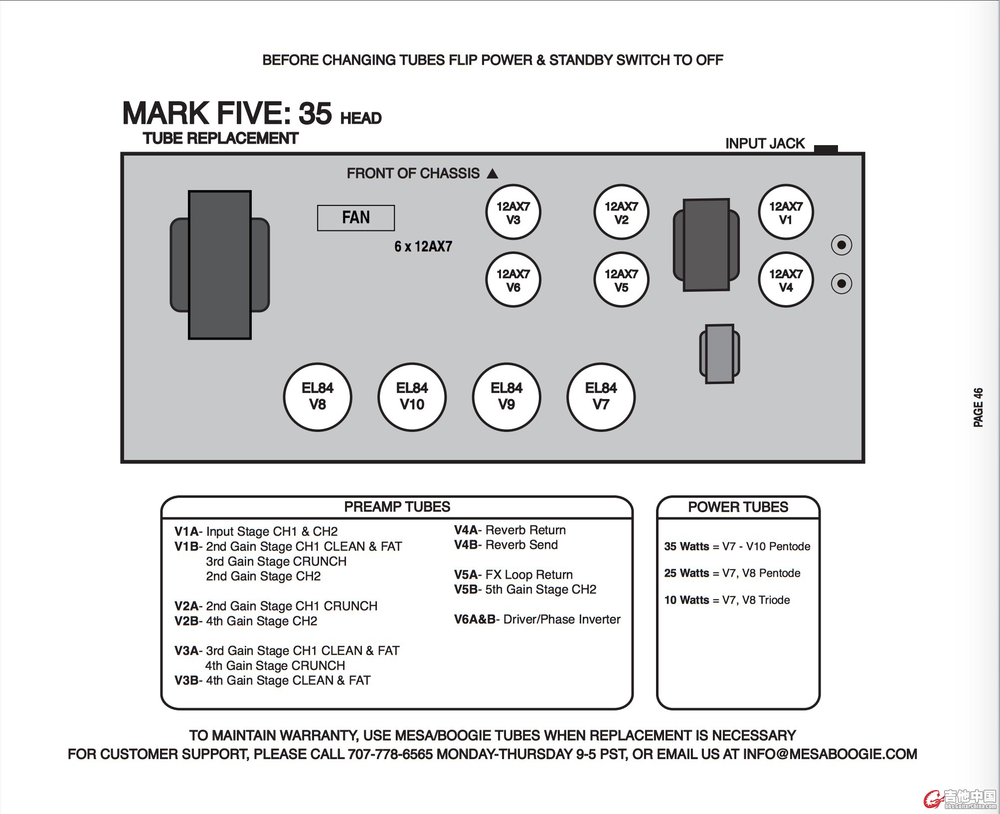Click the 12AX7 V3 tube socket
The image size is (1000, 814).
tap(513, 212)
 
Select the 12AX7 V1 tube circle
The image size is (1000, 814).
tap(786, 212)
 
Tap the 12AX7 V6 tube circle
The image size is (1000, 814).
tap(513, 280)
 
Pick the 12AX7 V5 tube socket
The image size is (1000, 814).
tap(621, 280)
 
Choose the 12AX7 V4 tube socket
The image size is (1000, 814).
tap(786, 280)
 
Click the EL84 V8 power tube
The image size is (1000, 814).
tap(318, 397)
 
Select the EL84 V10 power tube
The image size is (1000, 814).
tap(412, 397)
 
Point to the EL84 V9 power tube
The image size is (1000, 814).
tap(506, 397)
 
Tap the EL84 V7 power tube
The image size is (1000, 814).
tap(601, 397)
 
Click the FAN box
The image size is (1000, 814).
tap(356, 218)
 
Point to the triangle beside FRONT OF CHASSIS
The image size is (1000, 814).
tap(493, 174)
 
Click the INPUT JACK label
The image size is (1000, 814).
tap(765, 144)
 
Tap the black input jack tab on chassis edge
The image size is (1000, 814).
tap(826, 149)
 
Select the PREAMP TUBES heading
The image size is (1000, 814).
tap(397, 507)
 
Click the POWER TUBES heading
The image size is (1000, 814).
tap(738, 507)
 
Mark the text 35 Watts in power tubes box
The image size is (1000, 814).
tap(686, 547)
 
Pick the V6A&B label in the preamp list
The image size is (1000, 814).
tap(475, 619)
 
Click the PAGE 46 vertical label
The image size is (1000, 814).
tap(978, 407)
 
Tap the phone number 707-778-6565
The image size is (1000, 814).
tap(390, 754)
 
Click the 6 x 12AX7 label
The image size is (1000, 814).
tap(423, 246)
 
